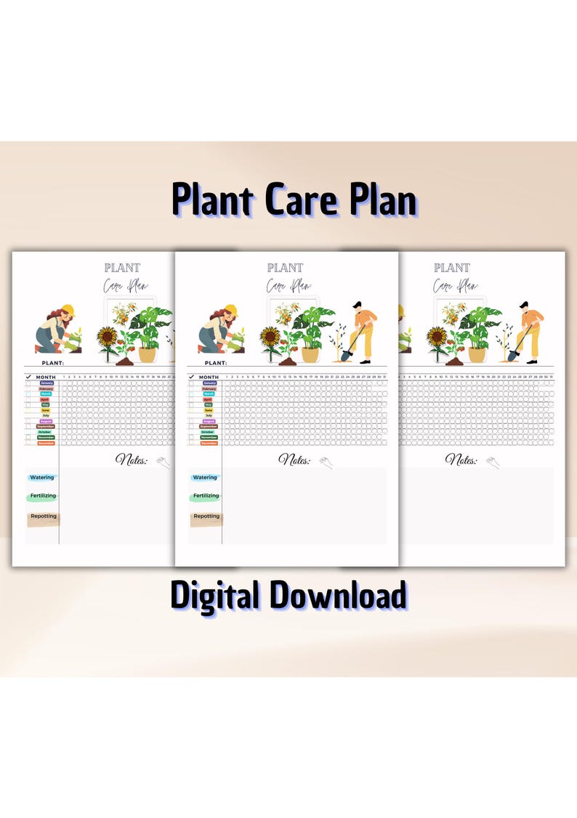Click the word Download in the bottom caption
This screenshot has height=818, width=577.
coord(339,595)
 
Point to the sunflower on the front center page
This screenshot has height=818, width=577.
coord(270,337)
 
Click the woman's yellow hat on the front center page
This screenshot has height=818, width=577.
coord(231,309)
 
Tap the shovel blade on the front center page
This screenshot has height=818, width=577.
coord(346,355)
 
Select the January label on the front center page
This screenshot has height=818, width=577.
coord(209,383)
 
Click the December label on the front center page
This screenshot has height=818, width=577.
coord(209,443)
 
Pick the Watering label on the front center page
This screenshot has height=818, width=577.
coord(205,478)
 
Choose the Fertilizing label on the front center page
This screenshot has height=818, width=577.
coord(206,496)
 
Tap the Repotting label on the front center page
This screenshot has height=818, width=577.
coord(206,517)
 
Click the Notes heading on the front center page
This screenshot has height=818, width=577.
coord(295,460)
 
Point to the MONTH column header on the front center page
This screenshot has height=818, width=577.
coord(209,377)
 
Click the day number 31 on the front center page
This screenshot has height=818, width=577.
coord(384,377)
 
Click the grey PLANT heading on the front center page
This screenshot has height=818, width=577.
coord(285,268)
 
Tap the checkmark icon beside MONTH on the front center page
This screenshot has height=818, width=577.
coord(192,377)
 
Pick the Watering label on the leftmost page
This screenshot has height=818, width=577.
coord(42,478)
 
